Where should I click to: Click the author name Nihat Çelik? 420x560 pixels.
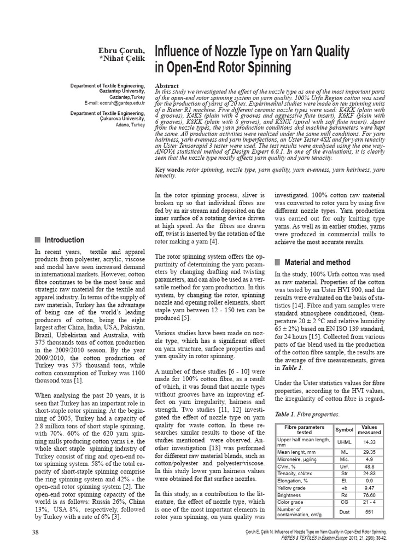(x=121, y=59)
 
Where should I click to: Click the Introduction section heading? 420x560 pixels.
(x=64, y=240)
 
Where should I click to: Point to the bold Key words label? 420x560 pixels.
(x=170, y=171)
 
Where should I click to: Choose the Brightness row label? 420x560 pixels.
(x=293, y=494)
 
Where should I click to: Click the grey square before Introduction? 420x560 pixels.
(x=37, y=240)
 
